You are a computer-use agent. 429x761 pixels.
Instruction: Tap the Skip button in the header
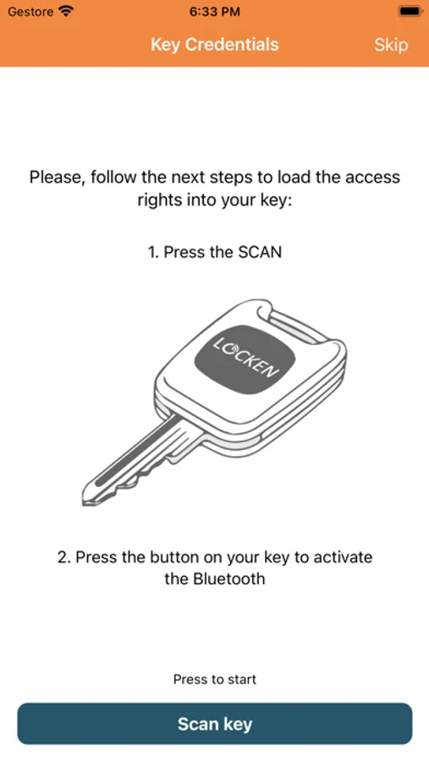click(x=391, y=45)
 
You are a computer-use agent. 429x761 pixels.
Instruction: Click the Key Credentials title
click(x=215, y=45)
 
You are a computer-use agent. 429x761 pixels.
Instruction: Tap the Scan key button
click(x=215, y=724)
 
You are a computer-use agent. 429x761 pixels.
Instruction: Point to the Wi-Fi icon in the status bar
click(x=64, y=11)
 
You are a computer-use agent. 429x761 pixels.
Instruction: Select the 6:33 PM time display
click(x=214, y=12)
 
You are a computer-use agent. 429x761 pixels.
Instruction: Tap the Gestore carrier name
click(x=30, y=11)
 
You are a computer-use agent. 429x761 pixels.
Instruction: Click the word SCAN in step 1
click(x=260, y=252)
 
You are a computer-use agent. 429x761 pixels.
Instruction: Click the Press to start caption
click(x=215, y=679)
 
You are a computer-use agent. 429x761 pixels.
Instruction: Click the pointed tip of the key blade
click(x=85, y=500)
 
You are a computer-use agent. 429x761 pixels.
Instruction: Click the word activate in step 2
click(x=343, y=556)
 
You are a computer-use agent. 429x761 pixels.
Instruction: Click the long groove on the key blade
click(x=131, y=454)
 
